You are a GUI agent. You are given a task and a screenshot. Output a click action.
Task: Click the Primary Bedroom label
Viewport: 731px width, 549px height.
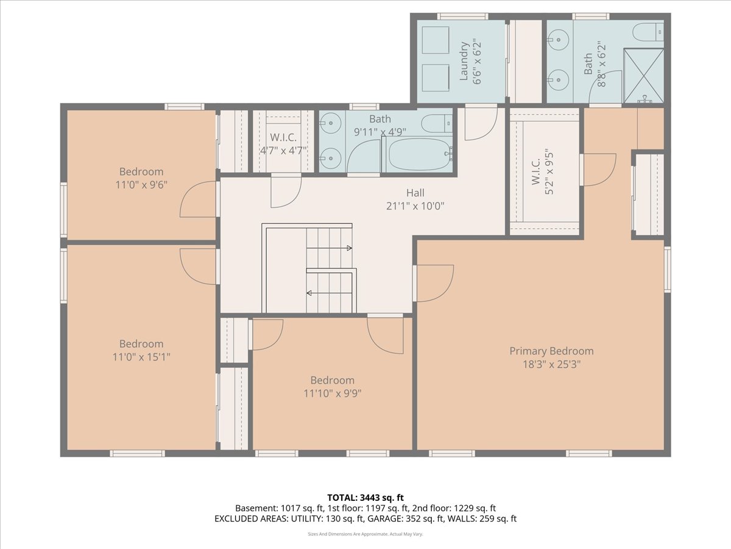tap(551, 351)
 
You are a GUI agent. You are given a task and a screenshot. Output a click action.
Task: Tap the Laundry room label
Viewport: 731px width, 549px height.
tap(464, 61)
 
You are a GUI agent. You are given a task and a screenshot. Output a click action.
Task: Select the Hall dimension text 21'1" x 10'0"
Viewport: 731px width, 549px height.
tap(415, 206)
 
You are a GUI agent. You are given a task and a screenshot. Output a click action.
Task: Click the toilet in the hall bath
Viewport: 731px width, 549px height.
tap(437, 123)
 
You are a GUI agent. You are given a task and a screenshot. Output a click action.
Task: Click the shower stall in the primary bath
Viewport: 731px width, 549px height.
tap(643, 75)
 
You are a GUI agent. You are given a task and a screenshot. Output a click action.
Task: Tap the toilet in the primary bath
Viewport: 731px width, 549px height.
tap(648, 32)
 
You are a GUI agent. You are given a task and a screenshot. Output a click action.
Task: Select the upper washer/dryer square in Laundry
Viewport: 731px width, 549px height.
tap(436, 40)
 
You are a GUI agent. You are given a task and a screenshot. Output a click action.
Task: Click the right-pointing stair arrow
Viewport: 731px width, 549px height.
tap(329, 248)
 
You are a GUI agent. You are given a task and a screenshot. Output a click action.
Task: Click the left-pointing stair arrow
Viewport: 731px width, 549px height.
tap(329, 293)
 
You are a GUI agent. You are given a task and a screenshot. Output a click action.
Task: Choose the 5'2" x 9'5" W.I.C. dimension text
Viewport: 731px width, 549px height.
tap(549, 173)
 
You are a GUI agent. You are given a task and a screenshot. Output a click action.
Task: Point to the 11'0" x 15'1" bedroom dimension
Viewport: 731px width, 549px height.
tap(141, 357)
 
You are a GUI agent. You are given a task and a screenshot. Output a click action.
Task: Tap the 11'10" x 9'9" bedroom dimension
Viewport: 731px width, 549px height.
tap(333, 393)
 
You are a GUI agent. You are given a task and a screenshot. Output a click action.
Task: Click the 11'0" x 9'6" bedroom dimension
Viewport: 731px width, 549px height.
tap(141, 185)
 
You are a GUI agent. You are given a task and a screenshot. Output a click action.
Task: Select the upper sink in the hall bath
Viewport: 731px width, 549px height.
tap(330, 123)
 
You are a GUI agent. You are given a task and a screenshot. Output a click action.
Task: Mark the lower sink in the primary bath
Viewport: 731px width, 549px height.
tap(558, 80)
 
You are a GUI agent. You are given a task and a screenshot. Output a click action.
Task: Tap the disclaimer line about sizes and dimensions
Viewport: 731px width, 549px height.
tap(365, 534)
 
